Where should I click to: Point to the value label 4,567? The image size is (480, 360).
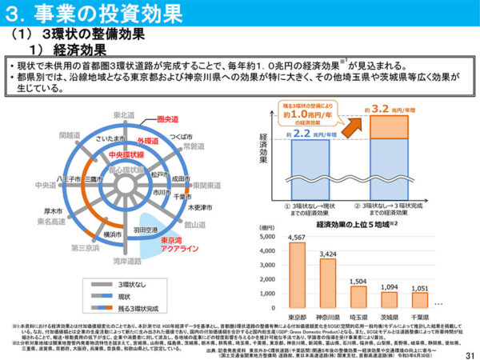coord(296,238)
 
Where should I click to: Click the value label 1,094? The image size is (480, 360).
coord(389,286)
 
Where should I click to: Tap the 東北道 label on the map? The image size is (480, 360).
coord(125,116)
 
